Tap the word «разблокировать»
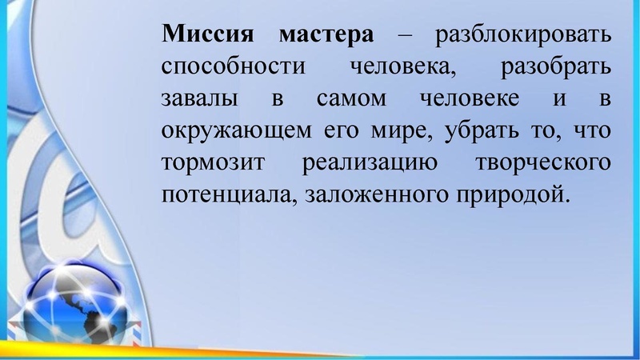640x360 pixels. coord(522,35)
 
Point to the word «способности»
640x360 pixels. coord(234,66)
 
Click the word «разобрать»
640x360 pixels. coord(557,66)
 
